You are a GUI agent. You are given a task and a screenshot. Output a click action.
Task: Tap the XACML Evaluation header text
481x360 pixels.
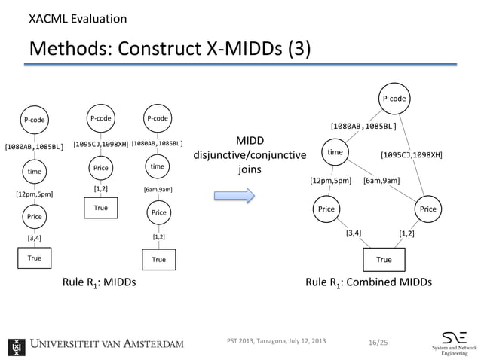(78, 18)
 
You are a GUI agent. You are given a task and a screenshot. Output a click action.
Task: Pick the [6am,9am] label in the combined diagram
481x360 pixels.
(381, 181)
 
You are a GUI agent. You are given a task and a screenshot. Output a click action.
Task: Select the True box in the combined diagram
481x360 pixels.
(384, 260)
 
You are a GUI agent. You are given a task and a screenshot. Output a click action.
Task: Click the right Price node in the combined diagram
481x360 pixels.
(427, 209)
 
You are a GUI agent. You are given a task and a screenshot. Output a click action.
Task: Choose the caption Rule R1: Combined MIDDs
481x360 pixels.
(369, 283)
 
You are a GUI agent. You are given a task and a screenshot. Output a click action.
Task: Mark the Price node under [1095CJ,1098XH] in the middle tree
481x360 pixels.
(101, 166)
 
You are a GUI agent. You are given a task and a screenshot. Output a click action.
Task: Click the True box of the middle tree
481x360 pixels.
(101, 207)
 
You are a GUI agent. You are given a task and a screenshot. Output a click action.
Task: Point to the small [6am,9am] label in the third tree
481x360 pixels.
(158, 190)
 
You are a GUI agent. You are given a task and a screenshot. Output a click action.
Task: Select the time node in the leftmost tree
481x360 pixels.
(35, 172)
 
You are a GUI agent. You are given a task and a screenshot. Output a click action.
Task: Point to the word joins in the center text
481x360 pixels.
(250, 170)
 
